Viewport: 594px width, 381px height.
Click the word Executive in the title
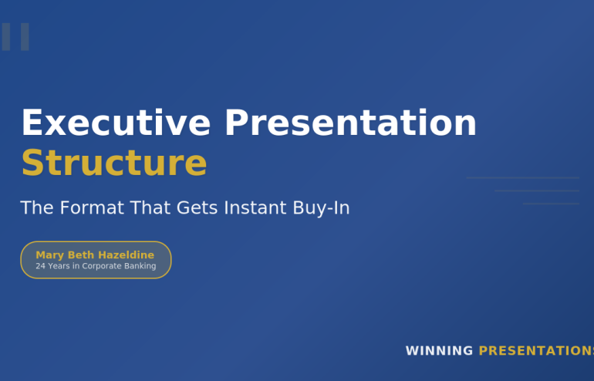pyautogui.click(x=116, y=123)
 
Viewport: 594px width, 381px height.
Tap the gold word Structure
pyautogui.click(x=113, y=164)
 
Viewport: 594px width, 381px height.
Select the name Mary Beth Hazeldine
pyautogui.click(x=95, y=255)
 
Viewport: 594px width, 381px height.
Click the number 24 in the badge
pyautogui.click(x=41, y=266)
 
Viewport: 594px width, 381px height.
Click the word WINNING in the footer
pyautogui.click(x=439, y=351)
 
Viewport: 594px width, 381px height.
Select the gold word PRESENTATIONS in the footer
pyautogui.click(x=536, y=351)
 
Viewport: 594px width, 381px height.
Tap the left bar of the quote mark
pyautogui.click(x=6, y=37)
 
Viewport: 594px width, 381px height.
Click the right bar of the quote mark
pyautogui.click(x=25, y=37)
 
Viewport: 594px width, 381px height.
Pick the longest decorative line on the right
pyautogui.click(x=522, y=178)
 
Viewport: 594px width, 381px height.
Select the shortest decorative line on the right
pyautogui.click(x=551, y=204)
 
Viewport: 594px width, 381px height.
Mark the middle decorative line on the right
pyautogui.click(x=537, y=190)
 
